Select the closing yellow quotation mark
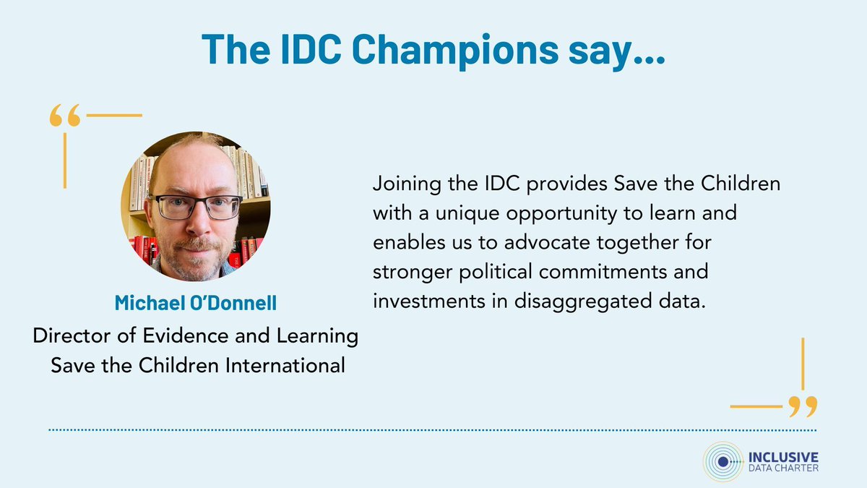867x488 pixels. tap(803, 406)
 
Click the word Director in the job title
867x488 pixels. tap(66, 336)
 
